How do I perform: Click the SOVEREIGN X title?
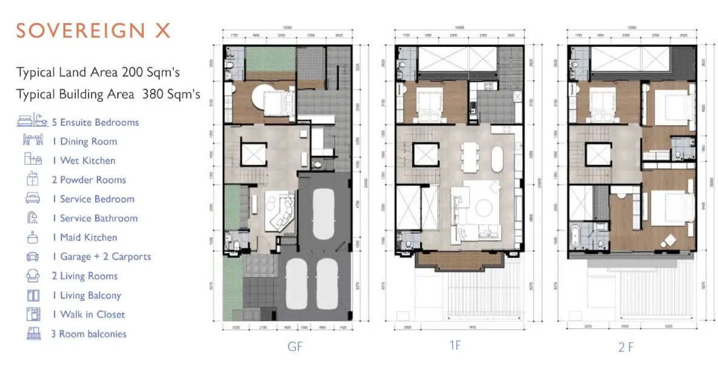point(93,30)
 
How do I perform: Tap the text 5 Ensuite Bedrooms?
point(99,122)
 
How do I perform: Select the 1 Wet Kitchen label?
point(87,160)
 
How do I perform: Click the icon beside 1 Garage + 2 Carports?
point(33,257)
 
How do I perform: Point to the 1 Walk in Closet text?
point(92,314)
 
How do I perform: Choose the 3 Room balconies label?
point(89,334)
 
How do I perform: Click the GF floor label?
point(295,347)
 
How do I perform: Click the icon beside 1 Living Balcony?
point(33,296)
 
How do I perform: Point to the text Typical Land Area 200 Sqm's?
point(98,73)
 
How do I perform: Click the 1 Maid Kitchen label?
point(89,237)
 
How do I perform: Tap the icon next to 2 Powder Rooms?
point(33,180)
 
